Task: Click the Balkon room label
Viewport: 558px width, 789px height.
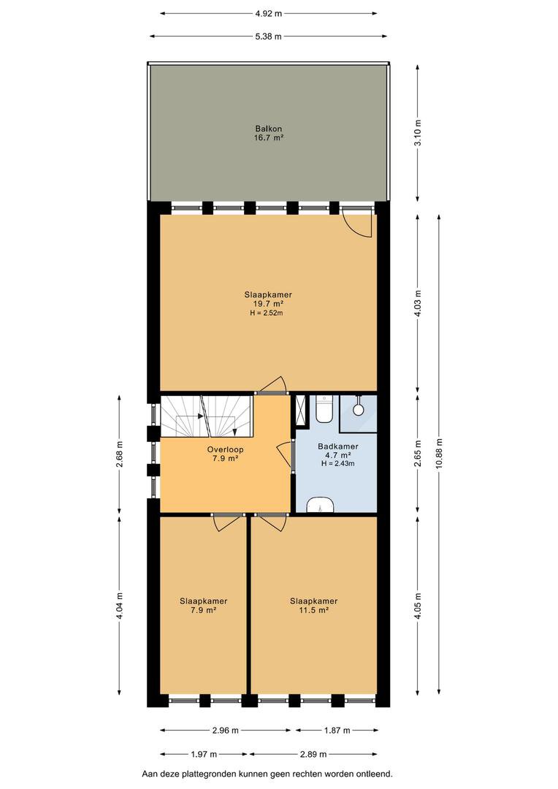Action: tap(268, 129)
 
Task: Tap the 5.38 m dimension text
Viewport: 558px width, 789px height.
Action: tap(268, 37)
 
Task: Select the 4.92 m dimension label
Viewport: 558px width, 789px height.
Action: tap(268, 14)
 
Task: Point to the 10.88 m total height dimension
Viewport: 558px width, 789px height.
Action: tap(439, 455)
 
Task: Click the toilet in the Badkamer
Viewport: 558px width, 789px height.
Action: tap(324, 409)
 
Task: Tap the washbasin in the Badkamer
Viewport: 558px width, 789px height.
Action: tap(320, 505)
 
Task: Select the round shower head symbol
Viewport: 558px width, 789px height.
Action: tap(359, 410)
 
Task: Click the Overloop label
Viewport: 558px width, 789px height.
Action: tap(225, 449)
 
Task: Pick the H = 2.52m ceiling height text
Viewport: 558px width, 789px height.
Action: tap(266, 313)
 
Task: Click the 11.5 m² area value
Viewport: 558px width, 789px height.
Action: tap(313, 610)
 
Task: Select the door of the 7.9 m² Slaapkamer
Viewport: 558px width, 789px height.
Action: tap(228, 522)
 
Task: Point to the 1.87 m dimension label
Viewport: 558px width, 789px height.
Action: tap(336, 730)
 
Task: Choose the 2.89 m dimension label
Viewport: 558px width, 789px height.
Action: tap(313, 754)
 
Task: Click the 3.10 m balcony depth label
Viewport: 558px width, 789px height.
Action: tap(417, 133)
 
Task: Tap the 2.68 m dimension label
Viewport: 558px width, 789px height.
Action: tap(119, 454)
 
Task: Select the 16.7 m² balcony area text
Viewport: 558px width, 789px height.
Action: tap(269, 137)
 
